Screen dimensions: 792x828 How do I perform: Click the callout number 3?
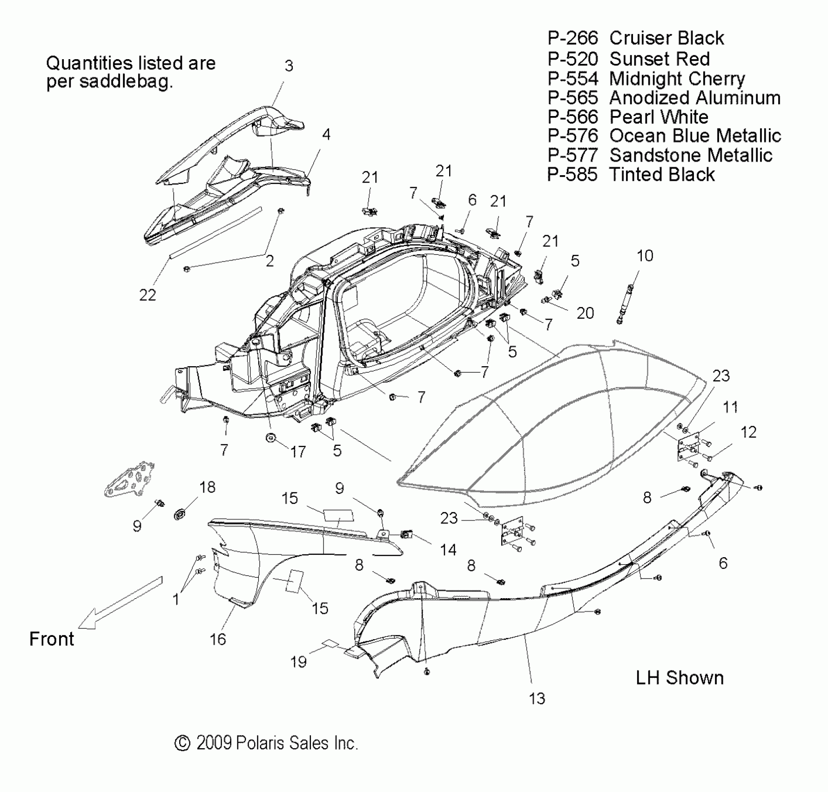(289, 66)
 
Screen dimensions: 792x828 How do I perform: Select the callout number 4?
(326, 135)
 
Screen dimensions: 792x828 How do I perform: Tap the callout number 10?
(645, 256)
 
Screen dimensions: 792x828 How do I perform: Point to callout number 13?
(537, 698)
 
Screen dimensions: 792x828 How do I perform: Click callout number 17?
(298, 451)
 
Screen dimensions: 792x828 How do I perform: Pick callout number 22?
(148, 295)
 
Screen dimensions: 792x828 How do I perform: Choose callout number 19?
(298, 662)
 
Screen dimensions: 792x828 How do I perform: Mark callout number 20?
(585, 313)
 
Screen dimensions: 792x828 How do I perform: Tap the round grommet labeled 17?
(271, 437)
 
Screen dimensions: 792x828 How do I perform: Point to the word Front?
(52, 639)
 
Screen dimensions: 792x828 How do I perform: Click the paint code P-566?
(572, 117)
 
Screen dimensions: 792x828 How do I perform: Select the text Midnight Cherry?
(677, 79)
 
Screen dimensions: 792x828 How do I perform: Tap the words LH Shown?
(680, 678)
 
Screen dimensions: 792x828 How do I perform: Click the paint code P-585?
(572, 175)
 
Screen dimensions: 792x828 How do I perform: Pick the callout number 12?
(748, 432)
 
